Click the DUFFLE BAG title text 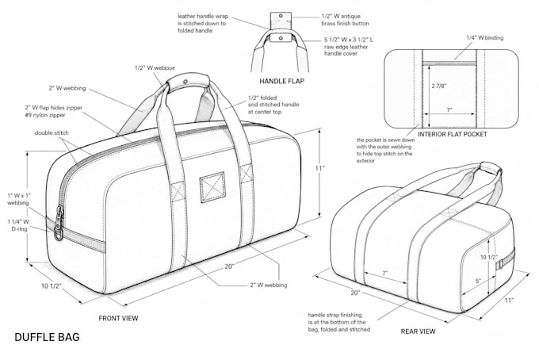click(x=47, y=337)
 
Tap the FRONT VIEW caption click(x=118, y=319)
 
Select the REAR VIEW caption click(x=418, y=331)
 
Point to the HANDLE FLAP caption click(x=282, y=81)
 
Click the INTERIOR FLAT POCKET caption click(x=453, y=134)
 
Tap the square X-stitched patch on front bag click(x=212, y=187)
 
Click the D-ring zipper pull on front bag click(x=59, y=223)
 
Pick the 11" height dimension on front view click(x=320, y=168)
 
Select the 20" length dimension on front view click(x=229, y=266)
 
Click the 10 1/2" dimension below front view click(x=52, y=286)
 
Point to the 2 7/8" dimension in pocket click(x=439, y=86)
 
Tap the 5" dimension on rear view click(x=478, y=281)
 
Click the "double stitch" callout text click(x=52, y=132)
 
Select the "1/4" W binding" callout click(x=484, y=38)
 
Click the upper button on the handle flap click(x=281, y=16)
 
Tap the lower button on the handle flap click(x=281, y=38)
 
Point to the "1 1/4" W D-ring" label click(x=18, y=225)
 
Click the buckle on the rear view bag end click(x=500, y=264)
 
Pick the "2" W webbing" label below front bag click(x=269, y=285)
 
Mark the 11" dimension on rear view click(x=510, y=301)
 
